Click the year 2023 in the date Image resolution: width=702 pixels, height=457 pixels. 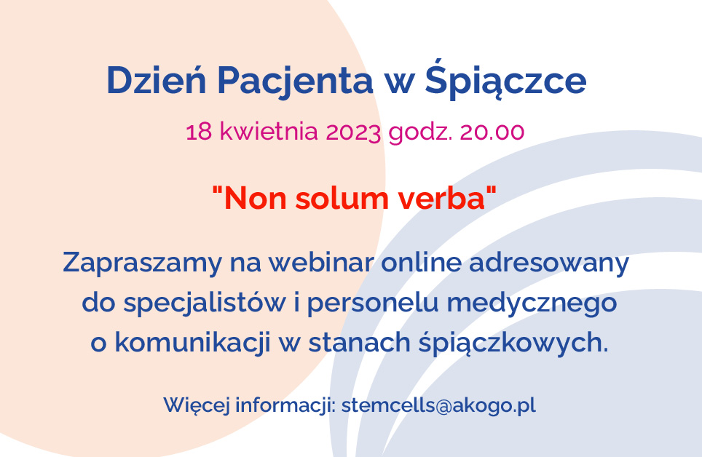pyautogui.click(x=353, y=132)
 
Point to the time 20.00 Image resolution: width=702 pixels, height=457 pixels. pyautogui.click(x=492, y=132)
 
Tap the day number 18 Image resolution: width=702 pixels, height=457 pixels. pyautogui.click(x=199, y=132)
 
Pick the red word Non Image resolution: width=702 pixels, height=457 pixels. pyautogui.click(x=255, y=199)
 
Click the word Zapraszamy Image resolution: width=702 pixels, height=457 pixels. pyautogui.click(x=143, y=263)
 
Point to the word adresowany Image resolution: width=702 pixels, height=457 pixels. pyautogui.click(x=549, y=263)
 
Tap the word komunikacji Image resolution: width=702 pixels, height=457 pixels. pyautogui.click(x=193, y=343)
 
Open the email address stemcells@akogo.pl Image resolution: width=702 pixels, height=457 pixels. pyautogui.click(x=438, y=405)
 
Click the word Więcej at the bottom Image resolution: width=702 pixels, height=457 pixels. pyautogui.click(x=197, y=405)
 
